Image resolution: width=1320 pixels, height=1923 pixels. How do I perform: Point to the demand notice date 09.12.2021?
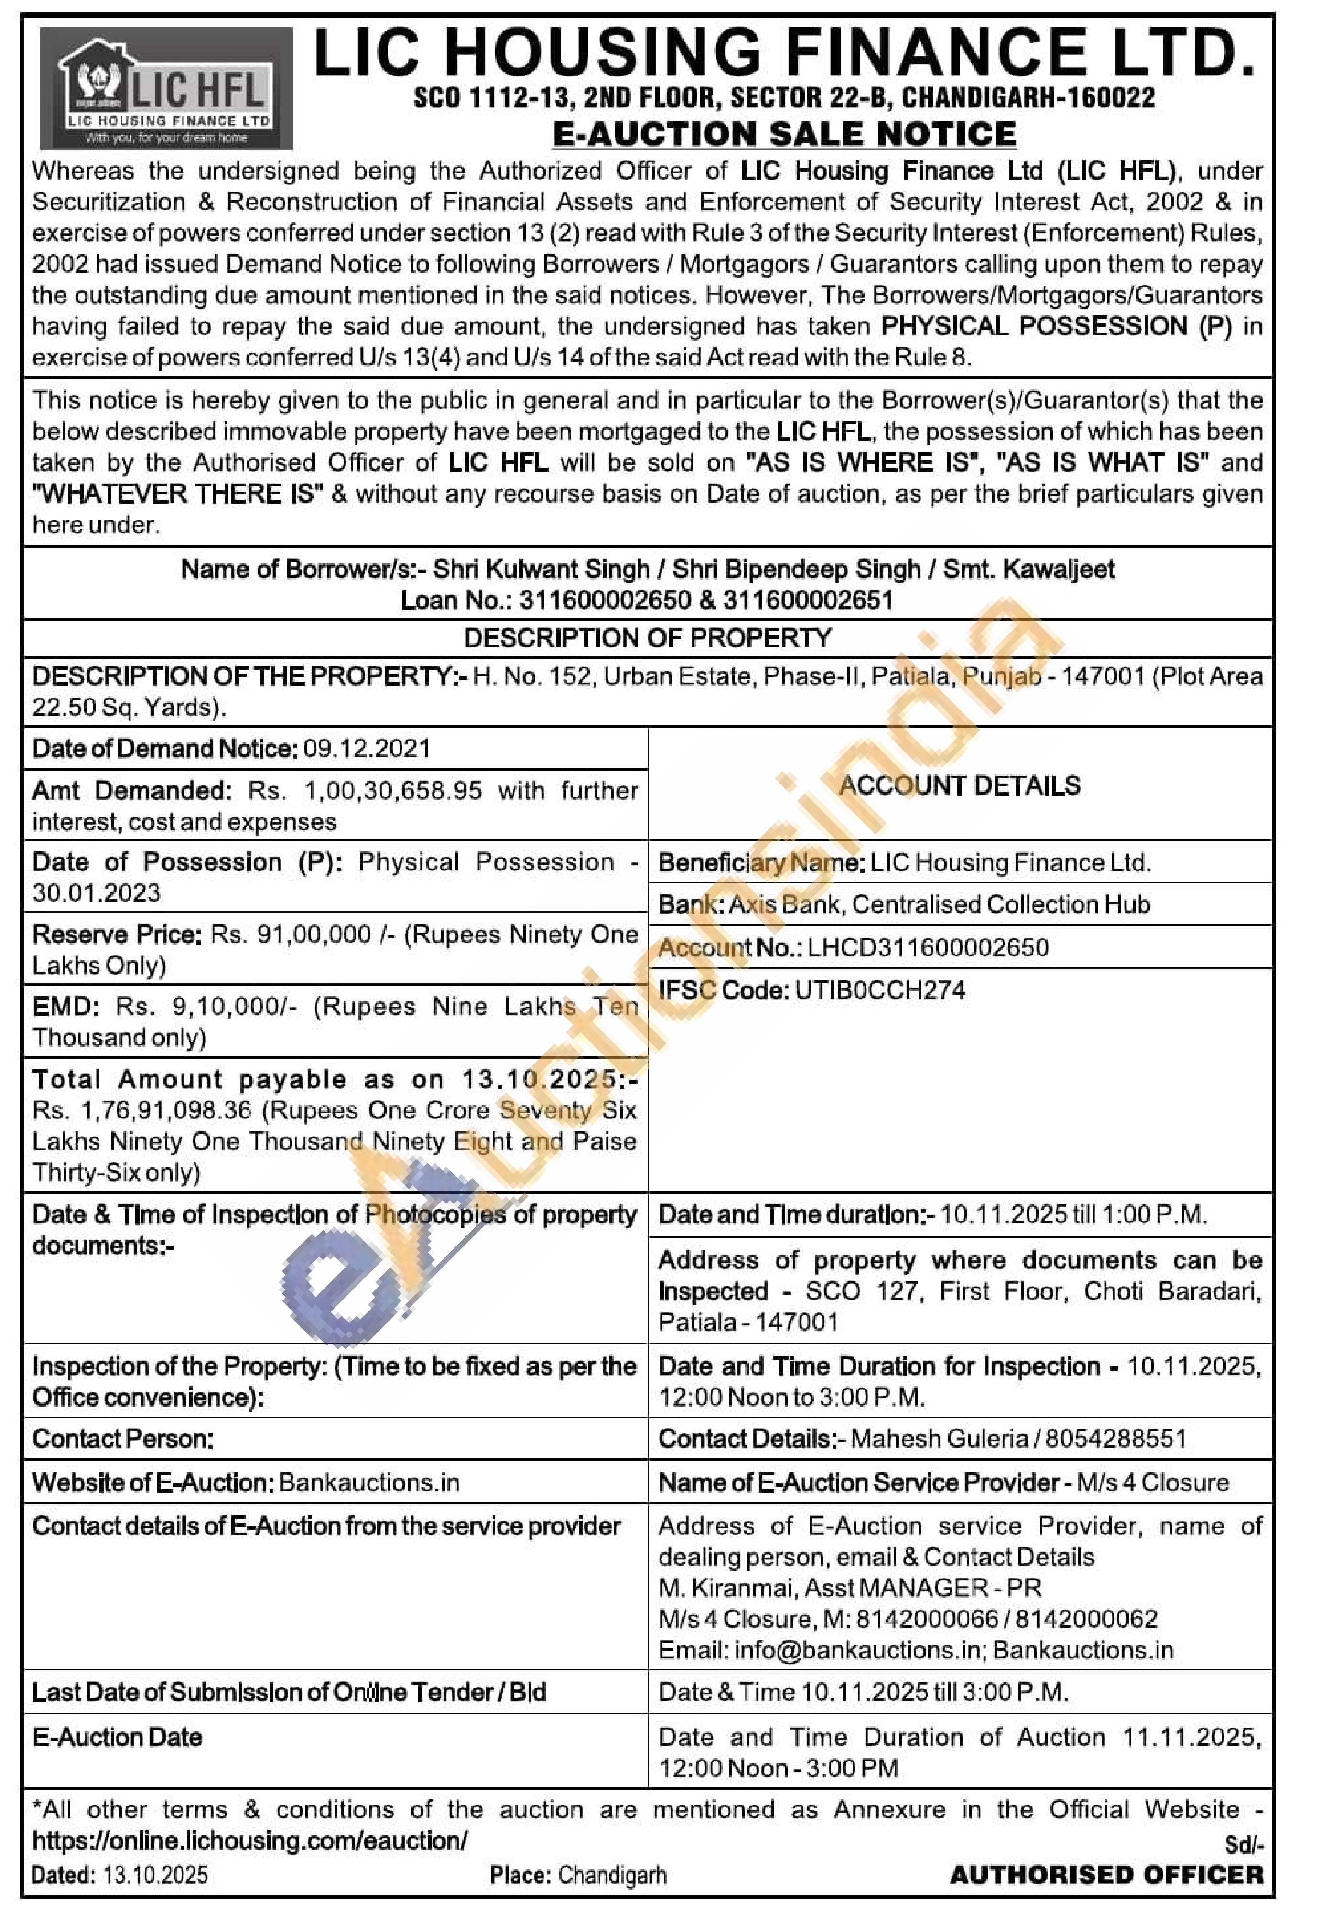[x=367, y=749]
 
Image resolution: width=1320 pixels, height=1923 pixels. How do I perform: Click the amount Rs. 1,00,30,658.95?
[x=365, y=791]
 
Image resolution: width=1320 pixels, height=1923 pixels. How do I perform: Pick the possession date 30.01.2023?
[x=97, y=893]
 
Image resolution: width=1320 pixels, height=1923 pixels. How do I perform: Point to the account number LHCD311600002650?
[x=928, y=947]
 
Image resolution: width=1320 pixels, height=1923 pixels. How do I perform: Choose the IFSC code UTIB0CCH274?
[x=880, y=990]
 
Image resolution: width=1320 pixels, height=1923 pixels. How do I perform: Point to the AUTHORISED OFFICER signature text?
[x=1106, y=1875]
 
